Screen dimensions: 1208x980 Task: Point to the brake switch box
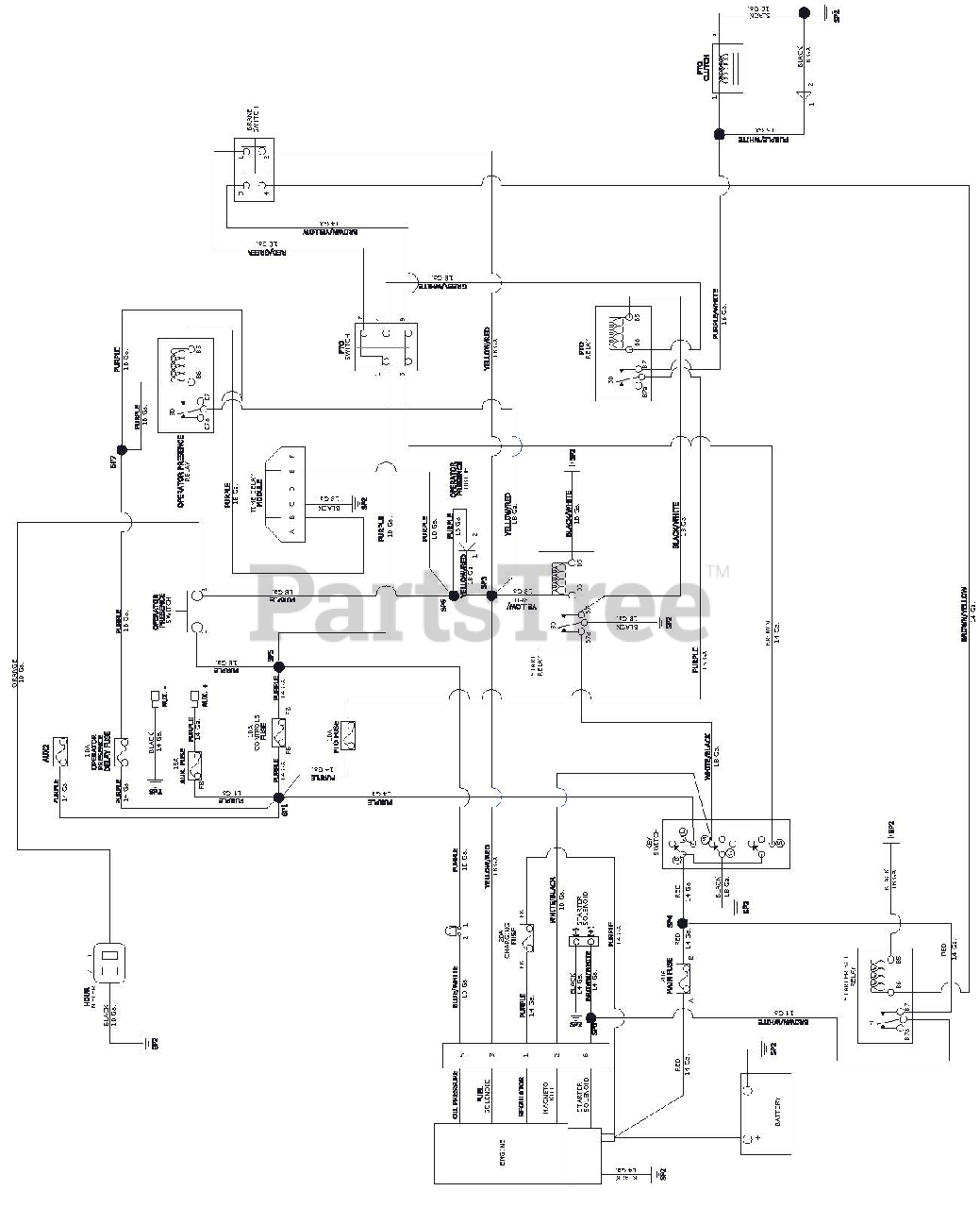[253, 170]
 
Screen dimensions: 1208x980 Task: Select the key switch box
[724, 843]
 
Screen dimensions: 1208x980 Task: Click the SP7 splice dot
[121, 449]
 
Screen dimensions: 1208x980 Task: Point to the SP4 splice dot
[682, 922]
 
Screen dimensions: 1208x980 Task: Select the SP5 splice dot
[278, 666]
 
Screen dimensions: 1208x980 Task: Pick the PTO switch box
[387, 347]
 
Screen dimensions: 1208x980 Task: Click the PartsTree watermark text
[481, 601]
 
